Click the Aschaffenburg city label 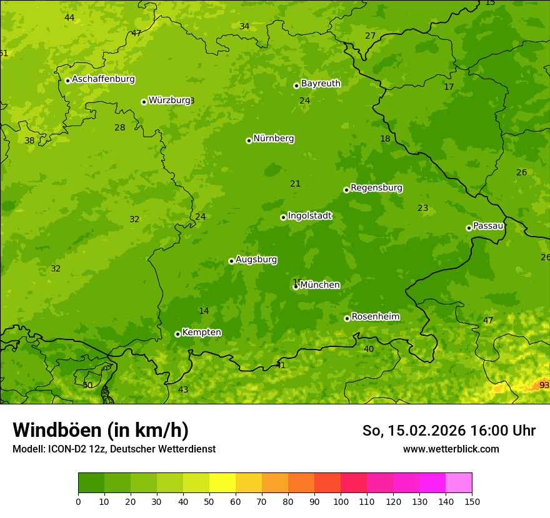[x=103, y=79]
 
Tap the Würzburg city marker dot [x=144, y=102]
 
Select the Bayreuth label [x=321, y=84]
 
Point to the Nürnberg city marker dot [x=249, y=140]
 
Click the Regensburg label [x=376, y=188]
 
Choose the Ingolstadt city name [x=309, y=216]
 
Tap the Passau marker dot [x=469, y=228]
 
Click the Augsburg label [x=256, y=260]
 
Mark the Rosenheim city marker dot [x=347, y=318]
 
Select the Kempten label [x=201, y=333]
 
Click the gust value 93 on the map [x=544, y=386]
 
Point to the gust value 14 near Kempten [x=204, y=311]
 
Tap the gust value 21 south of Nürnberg [x=295, y=183]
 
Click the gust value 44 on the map [x=69, y=17]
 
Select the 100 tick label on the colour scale [x=341, y=501]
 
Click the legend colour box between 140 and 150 [x=459, y=482]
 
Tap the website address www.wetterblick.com [x=451, y=449]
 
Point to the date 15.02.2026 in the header [x=426, y=431]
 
